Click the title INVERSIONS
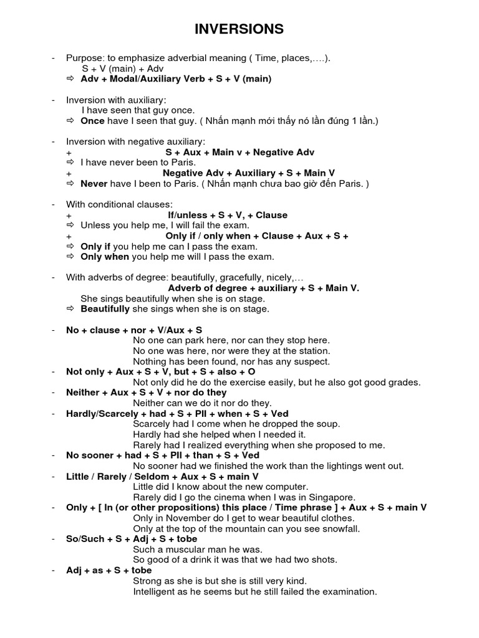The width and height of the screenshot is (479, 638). (x=239, y=29)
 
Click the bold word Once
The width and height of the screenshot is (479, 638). (x=92, y=121)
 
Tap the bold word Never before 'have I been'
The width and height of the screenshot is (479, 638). (x=94, y=184)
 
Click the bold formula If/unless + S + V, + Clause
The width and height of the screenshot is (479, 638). (x=228, y=215)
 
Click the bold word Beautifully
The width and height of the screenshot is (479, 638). (x=105, y=309)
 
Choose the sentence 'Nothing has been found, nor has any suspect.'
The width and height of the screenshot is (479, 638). (x=231, y=361)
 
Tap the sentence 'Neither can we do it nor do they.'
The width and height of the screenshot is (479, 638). (x=203, y=403)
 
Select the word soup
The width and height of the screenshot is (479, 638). (x=329, y=424)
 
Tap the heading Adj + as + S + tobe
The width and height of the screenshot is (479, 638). (x=109, y=570)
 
